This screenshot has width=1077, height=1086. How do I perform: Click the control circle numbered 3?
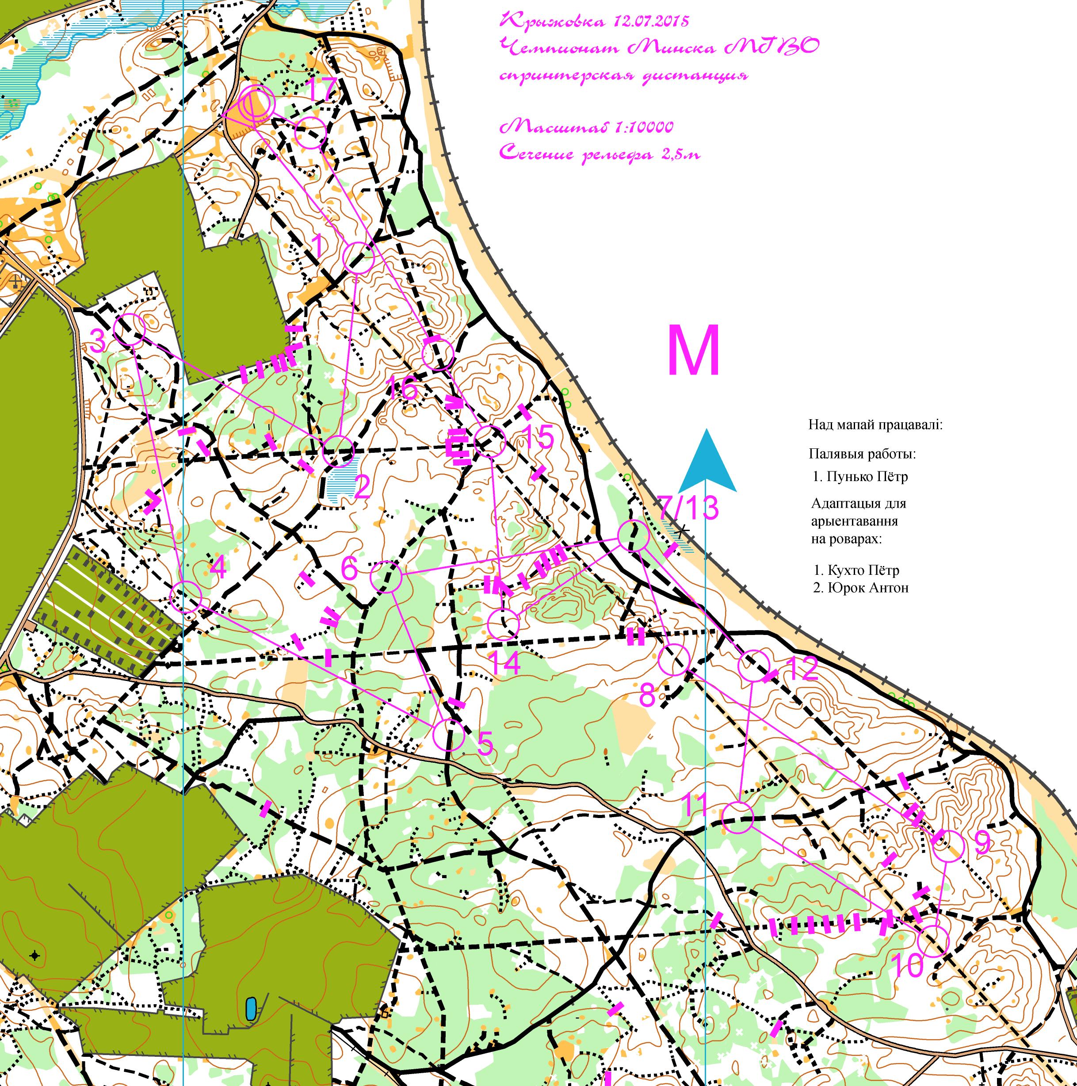130,330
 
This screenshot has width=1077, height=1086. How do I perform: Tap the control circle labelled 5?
449,734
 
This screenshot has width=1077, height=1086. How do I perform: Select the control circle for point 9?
948,845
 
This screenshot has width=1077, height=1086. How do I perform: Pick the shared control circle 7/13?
634,535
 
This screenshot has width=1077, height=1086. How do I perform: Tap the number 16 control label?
402,387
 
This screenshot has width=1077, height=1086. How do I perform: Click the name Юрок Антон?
868,588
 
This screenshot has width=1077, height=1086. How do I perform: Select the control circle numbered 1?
358,258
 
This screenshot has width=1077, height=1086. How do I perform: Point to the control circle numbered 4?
186,597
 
